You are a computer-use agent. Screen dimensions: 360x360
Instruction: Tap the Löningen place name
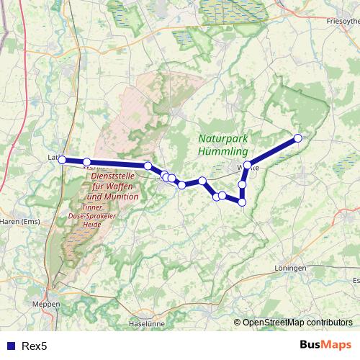point(290,268)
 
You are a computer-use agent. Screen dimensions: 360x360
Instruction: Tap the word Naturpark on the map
point(222,139)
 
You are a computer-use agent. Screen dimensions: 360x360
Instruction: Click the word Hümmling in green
point(223,152)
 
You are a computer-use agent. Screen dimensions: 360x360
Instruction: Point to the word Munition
point(112,197)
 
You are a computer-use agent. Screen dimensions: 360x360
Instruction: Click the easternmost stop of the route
point(297,138)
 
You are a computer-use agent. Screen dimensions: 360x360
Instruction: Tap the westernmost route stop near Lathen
point(62,160)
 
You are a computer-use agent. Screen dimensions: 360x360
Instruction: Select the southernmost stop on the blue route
point(242,202)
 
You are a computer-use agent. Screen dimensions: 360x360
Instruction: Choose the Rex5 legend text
point(35,346)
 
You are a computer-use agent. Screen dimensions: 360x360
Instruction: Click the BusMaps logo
point(326,345)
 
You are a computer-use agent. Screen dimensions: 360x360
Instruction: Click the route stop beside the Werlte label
point(247,166)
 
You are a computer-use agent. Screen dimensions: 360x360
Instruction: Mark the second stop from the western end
point(86,162)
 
